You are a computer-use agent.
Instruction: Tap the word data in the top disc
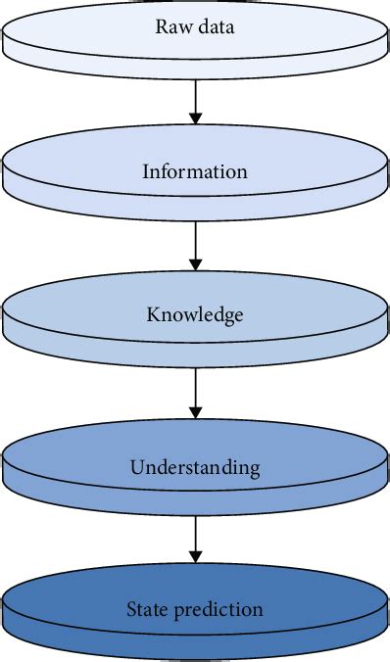(x=213, y=26)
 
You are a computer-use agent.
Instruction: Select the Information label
(x=195, y=172)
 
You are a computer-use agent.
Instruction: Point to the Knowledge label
(x=195, y=315)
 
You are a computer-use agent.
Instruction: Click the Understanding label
(x=195, y=466)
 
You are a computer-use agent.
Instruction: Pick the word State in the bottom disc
(x=148, y=609)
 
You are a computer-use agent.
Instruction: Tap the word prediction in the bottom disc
(x=219, y=610)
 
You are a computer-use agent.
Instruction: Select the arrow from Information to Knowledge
(x=195, y=245)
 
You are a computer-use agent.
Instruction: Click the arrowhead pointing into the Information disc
(x=195, y=118)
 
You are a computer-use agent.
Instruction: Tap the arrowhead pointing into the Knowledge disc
(x=195, y=263)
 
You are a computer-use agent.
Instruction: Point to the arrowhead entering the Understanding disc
(x=195, y=412)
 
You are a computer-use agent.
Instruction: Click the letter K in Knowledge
(x=153, y=315)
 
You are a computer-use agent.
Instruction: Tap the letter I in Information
(x=145, y=172)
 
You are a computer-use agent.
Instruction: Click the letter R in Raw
(x=161, y=26)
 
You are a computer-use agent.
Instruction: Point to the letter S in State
(x=131, y=609)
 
